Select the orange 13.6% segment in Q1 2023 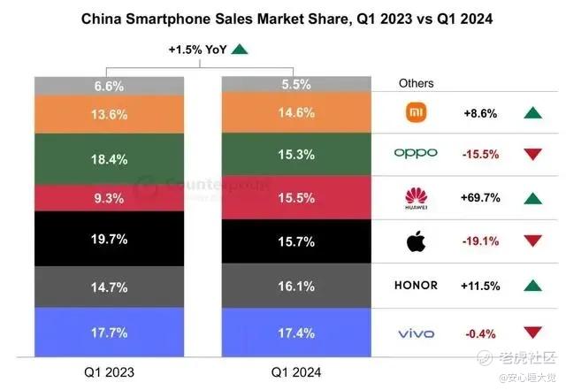pyautogui.click(x=111, y=114)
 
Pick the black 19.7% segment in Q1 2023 pyautogui.click(x=111, y=239)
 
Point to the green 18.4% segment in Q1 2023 pyautogui.click(x=111, y=159)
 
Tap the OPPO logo pyautogui.click(x=416, y=153)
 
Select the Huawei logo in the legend pyautogui.click(x=416, y=198)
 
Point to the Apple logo pyautogui.click(x=416, y=240)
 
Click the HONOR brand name pyautogui.click(x=416, y=286)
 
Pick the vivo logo pyautogui.click(x=416, y=333)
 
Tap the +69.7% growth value pyautogui.click(x=481, y=197)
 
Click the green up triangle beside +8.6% pyautogui.click(x=532, y=113)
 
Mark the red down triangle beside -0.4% pyautogui.click(x=532, y=333)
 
